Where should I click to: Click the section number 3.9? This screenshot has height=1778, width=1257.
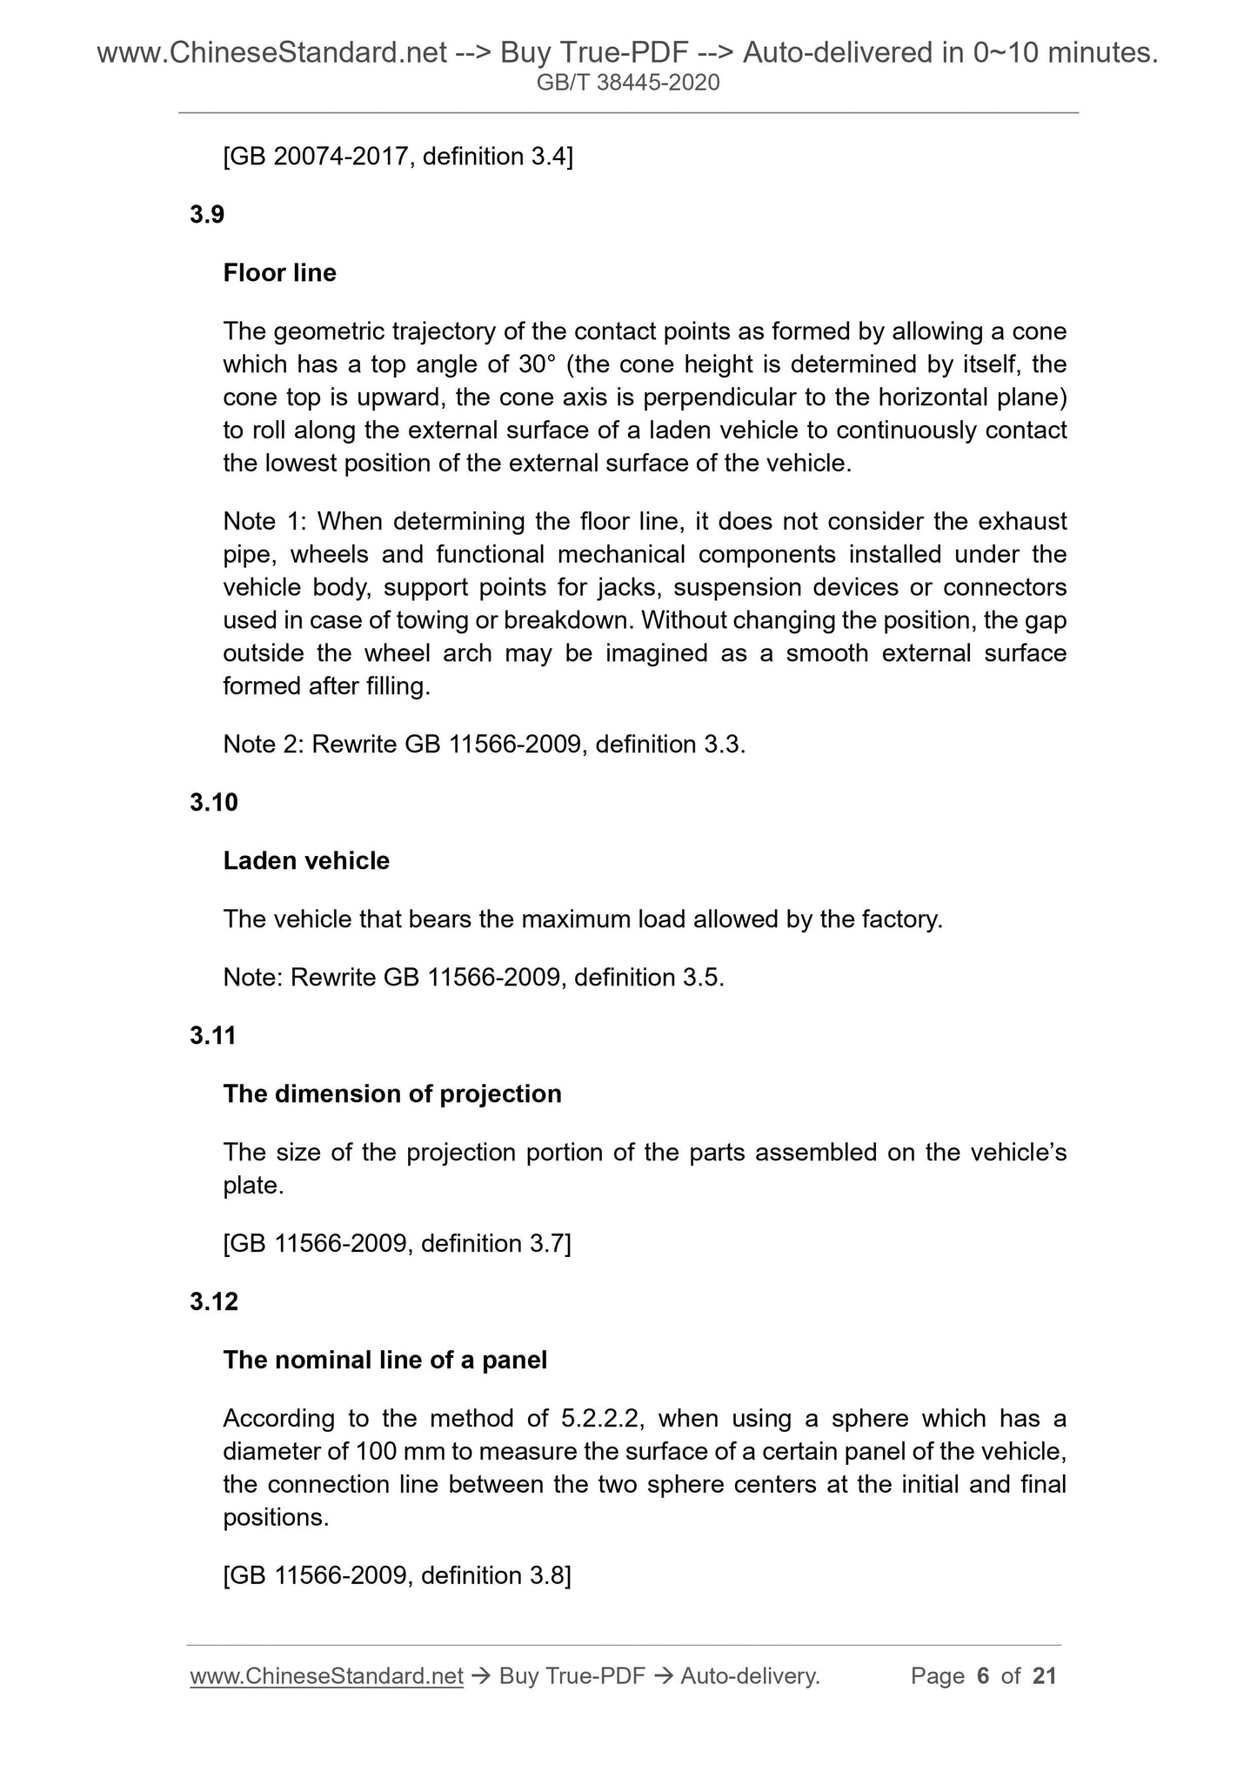[x=207, y=215]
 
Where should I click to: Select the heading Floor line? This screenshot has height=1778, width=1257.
[x=279, y=273]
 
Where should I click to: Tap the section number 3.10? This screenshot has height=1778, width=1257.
[x=213, y=802]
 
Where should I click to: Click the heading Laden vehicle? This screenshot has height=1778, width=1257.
[x=306, y=861]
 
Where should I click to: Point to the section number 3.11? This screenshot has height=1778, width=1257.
[x=213, y=1036]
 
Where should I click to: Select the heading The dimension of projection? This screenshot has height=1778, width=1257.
[x=392, y=1094]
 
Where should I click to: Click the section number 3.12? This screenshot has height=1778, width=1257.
[x=213, y=1302]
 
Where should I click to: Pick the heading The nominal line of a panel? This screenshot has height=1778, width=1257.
[x=385, y=1360]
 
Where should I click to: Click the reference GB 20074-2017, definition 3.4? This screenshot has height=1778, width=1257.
[x=398, y=157]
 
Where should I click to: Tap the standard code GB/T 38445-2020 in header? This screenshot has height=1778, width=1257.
[x=628, y=84]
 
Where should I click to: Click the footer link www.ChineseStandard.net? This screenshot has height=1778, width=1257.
[x=326, y=1676]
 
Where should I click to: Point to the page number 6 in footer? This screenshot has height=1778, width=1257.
[x=984, y=1676]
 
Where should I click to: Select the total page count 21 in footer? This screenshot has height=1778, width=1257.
[x=1044, y=1676]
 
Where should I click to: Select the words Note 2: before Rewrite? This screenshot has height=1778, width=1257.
[x=264, y=745]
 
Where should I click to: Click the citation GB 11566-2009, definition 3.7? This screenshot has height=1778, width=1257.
[x=398, y=1244]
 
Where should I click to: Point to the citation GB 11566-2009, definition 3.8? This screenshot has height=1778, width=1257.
[x=398, y=1575]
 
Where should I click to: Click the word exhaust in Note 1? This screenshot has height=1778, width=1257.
[x=1022, y=522]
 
